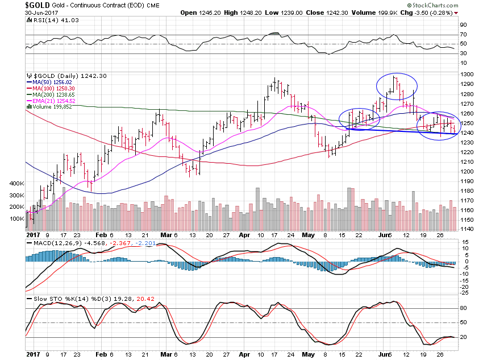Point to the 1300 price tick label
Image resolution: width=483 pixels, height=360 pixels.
tap(467, 75)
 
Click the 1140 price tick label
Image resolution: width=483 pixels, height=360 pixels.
tap(467, 229)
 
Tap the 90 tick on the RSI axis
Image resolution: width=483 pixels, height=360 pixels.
tap(463, 24)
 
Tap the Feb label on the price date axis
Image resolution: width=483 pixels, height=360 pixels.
tap(101, 234)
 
